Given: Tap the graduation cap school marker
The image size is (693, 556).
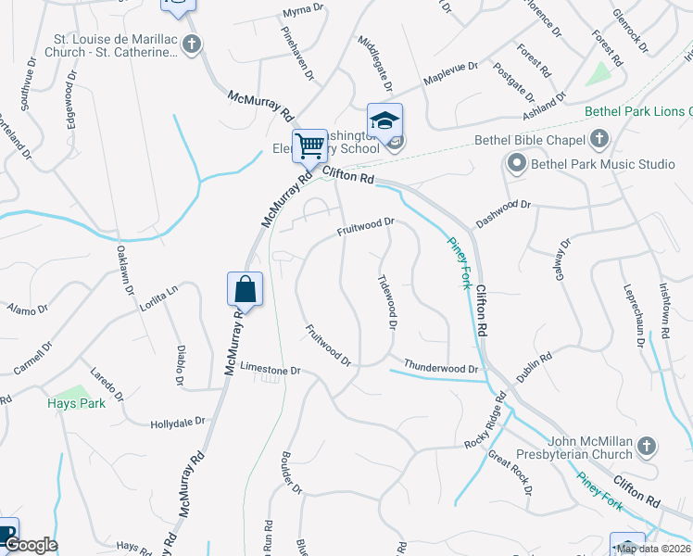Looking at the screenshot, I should tap(384, 121).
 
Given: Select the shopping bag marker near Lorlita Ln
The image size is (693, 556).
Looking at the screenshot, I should tap(245, 289).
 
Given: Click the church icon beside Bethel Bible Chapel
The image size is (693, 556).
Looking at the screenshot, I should tap(599, 140).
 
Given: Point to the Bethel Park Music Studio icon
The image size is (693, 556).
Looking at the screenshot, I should tap(516, 165).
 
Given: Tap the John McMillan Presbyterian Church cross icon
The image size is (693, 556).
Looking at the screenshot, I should tap(648, 447).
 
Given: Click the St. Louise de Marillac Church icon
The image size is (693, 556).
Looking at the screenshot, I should tap(191, 44).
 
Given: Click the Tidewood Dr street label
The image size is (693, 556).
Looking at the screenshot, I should tap(387, 302).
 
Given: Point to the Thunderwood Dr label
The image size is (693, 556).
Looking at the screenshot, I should tap(440, 368).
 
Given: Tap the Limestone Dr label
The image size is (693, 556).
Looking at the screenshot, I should tap(271, 370).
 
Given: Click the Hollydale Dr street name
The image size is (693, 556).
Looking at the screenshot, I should tap(177, 423).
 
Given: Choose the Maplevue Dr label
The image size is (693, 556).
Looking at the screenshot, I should tap(450, 73).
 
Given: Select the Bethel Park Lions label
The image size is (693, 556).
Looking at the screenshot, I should tap(637, 111).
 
